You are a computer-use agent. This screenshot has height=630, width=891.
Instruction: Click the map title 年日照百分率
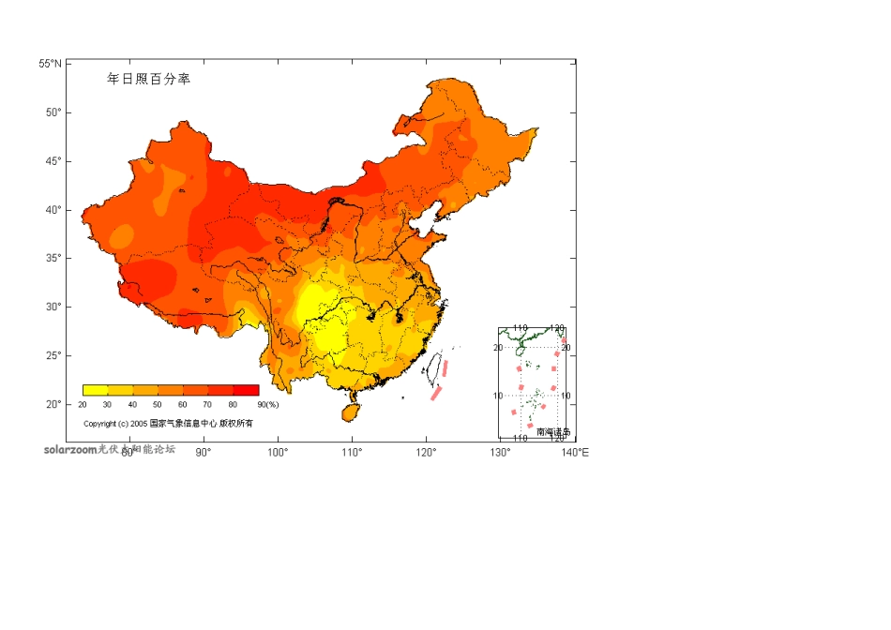149,80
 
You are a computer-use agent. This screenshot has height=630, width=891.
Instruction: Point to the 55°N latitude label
51,64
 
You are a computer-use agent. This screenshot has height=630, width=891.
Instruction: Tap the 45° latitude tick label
53,161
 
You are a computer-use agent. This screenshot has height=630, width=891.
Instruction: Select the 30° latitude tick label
53,307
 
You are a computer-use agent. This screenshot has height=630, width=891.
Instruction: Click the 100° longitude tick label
278,453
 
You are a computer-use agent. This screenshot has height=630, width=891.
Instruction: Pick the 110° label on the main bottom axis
352,453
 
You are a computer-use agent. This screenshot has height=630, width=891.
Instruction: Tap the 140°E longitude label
576,453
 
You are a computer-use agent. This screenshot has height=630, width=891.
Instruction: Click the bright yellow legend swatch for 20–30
95,390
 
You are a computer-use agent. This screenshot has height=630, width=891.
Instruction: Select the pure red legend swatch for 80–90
246,390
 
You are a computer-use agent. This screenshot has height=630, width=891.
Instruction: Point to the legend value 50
158,405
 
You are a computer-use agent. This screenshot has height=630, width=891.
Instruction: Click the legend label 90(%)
267,405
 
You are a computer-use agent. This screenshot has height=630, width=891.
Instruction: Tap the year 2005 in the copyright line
139,424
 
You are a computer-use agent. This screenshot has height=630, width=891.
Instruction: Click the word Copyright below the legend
100,424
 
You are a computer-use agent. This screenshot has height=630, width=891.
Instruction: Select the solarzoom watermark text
70,449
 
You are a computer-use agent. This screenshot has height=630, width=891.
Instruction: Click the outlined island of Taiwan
435,368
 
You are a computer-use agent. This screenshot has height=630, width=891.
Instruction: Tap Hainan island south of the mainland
351,411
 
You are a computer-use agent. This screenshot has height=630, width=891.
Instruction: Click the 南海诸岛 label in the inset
553,432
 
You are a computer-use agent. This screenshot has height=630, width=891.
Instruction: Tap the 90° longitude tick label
203,453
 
